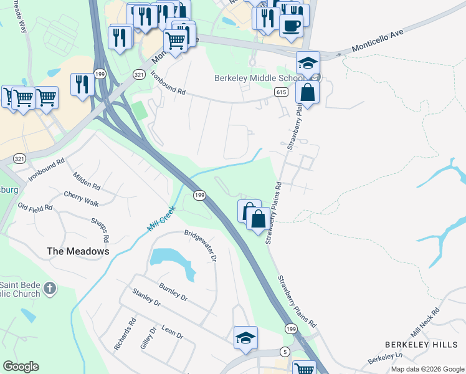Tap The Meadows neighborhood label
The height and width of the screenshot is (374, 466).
78,251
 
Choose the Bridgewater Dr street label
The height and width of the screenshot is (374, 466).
200,245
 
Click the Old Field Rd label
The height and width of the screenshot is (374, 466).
36,208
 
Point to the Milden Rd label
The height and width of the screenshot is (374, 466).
86,181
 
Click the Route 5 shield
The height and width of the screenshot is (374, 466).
285,352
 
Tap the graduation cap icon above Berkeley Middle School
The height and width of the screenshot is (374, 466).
308,62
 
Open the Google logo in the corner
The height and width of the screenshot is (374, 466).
21,367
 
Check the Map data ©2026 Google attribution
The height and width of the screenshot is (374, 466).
427,369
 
